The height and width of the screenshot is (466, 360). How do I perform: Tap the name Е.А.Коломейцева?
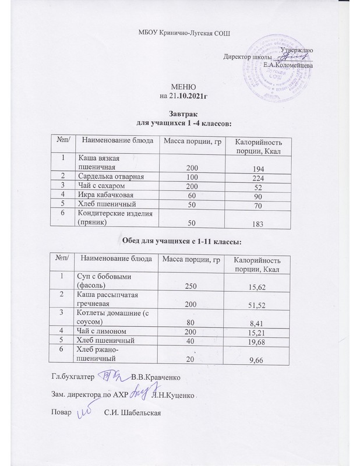click(x=288, y=65)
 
